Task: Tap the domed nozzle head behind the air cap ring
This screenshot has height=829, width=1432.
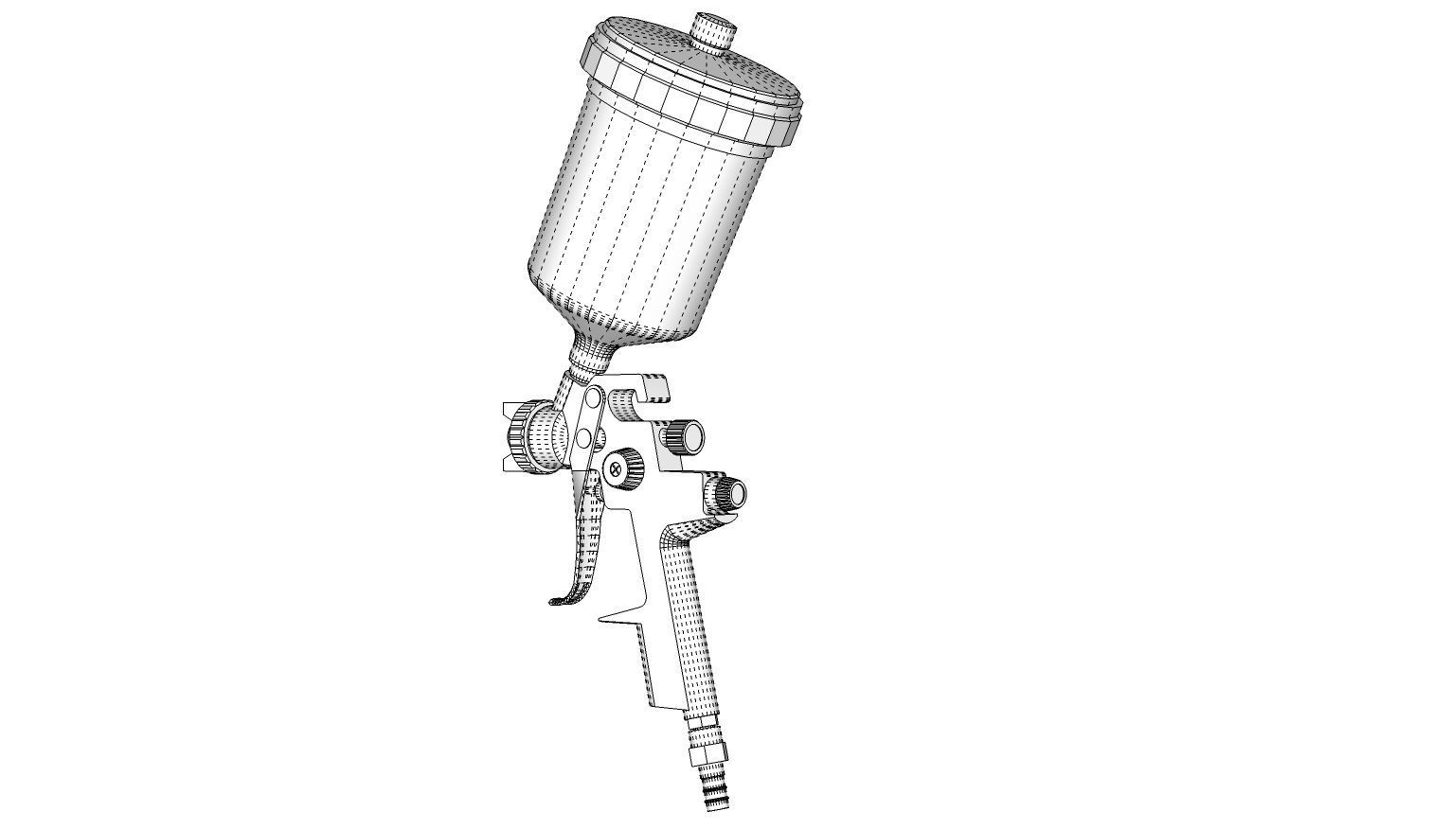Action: (x=549, y=435)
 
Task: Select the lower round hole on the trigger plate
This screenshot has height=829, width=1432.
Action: (x=584, y=437)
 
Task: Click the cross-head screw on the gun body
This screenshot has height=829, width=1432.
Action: (x=618, y=467)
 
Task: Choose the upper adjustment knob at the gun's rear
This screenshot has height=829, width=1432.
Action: (x=686, y=436)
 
